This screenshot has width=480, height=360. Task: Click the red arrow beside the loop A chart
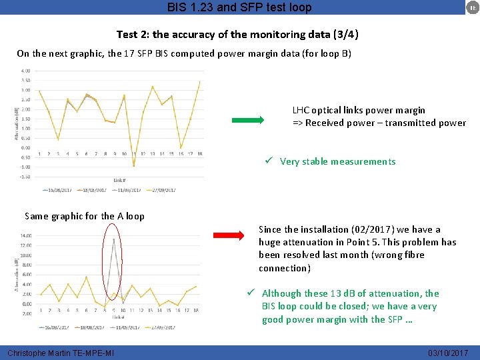coord(229,235)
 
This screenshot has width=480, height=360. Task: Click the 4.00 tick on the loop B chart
coord(25,71)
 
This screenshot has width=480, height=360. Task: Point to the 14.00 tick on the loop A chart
coord(26,235)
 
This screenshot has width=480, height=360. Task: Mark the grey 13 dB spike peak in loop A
coord(114,239)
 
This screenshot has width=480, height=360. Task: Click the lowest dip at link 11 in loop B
coord(133,165)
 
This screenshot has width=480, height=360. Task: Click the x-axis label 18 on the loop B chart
coord(199,154)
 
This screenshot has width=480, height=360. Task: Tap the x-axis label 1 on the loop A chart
coord(41,310)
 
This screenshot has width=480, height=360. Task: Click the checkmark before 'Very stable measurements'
coord(267,161)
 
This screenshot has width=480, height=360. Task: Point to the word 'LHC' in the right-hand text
coord(301,110)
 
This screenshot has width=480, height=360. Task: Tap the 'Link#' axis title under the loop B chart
coord(119,180)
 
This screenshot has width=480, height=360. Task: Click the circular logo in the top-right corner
coord(470,7)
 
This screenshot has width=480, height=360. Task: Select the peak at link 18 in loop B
coord(199,81)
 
